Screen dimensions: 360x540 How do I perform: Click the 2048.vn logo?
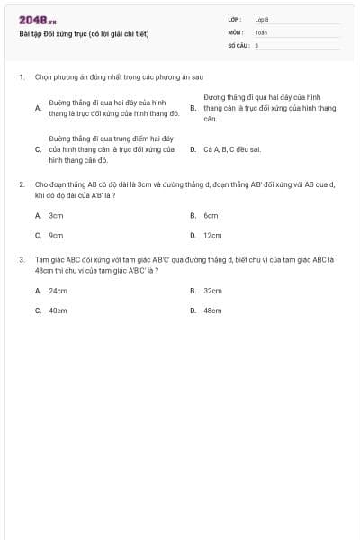[x=38, y=20]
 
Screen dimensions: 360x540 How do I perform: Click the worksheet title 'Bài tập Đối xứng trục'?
[x=84, y=34]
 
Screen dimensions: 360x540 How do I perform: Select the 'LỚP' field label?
[x=235, y=19]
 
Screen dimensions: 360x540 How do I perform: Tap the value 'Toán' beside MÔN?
[x=261, y=31]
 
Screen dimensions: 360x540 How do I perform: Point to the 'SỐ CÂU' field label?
[x=238, y=44]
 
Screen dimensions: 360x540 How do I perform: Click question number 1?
[x=21, y=78]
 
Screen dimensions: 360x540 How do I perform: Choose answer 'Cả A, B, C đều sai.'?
[x=232, y=149]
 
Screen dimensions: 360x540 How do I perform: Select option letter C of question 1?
[x=37, y=149]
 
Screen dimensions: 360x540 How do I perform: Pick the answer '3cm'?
[x=56, y=216]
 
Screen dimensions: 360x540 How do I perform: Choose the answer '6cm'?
[x=211, y=216]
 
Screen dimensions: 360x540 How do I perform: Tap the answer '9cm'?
[x=56, y=235]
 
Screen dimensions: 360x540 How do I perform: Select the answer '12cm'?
[x=212, y=235]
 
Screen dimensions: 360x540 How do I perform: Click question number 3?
[x=21, y=259]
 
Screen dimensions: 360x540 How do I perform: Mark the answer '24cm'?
[x=58, y=291]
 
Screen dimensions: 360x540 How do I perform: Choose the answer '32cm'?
[x=212, y=291]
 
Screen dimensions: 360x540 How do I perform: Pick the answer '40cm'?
[x=58, y=310]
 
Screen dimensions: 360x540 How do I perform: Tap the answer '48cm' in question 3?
[x=212, y=310]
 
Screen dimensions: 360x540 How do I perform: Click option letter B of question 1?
[x=193, y=107]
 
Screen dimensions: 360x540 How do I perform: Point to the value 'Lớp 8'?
[x=262, y=19]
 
